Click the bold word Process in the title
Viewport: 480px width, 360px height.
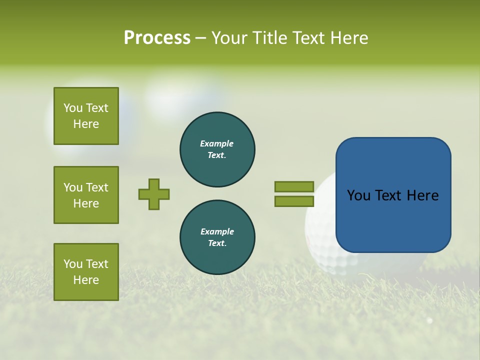pos(157,38)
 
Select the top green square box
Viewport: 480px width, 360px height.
pos(86,116)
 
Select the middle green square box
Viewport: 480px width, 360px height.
pos(86,195)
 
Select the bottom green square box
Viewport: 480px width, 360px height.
pos(86,272)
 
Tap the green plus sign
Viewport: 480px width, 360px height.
pos(154,194)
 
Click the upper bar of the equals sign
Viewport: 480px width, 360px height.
pos(294,186)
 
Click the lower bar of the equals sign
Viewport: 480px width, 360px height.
pos(294,201)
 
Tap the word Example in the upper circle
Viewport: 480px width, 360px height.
pos(217,143)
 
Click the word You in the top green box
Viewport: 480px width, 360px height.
pos(73,108)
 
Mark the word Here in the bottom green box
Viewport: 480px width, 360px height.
pos(86,280)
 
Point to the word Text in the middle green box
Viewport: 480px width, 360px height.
pos(97,187)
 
